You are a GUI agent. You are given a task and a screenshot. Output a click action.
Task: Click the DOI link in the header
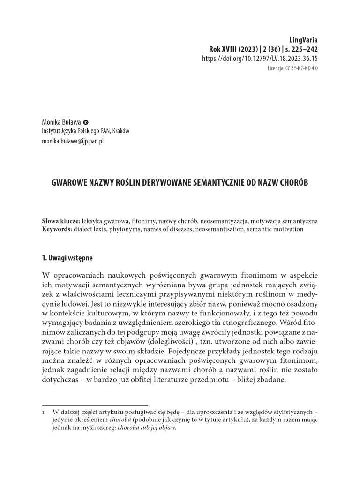click(x=260, y=59)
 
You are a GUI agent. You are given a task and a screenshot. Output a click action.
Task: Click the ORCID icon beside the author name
click(x=86, y=121)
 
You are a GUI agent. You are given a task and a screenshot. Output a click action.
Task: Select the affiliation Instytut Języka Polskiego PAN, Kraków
click(x=85, y=131)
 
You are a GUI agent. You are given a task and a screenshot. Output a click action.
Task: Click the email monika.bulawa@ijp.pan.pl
click(x=73, y=141)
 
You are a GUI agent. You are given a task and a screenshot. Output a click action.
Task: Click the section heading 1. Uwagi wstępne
click(x=67, y=258)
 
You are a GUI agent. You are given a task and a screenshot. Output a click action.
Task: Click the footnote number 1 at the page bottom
click(x=44, y=412)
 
